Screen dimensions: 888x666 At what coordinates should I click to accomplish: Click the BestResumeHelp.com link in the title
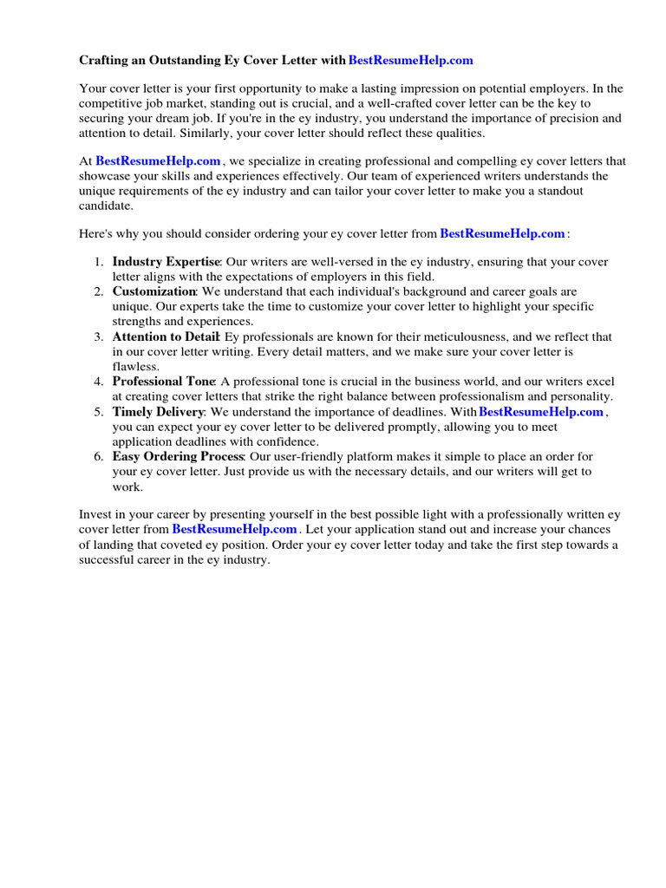pyautogui.click(x=410, y=60)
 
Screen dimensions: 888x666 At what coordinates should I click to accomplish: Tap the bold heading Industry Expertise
pyautogui.click(x=166, y=262)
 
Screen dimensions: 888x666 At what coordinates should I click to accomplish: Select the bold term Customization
pyautogui.click(x=153, y=291)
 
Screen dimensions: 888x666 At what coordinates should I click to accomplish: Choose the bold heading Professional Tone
pyautogui.click(x=163, y=382)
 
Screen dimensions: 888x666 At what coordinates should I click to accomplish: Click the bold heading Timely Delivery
pyautogui.click(x=158, y=412)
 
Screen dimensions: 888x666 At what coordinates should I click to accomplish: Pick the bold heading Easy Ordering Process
pyautogui.click(x=178, y=456)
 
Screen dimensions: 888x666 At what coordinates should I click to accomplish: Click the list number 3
pyautogui.click(x=99, y=336)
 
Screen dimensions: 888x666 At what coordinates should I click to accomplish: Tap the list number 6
pyautogui.click(x=99, y=456)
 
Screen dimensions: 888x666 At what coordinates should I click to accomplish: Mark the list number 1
pyautogui.click(x=99, y=262)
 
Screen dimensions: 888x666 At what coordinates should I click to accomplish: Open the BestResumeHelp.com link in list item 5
pyautogui.click(x=540, y=412)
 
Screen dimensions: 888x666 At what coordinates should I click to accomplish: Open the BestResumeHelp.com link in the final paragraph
pyautogui.click(x=234, y=529)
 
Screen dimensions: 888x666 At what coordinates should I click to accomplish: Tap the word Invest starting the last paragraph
pyautogui.click(x=95, y=514)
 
